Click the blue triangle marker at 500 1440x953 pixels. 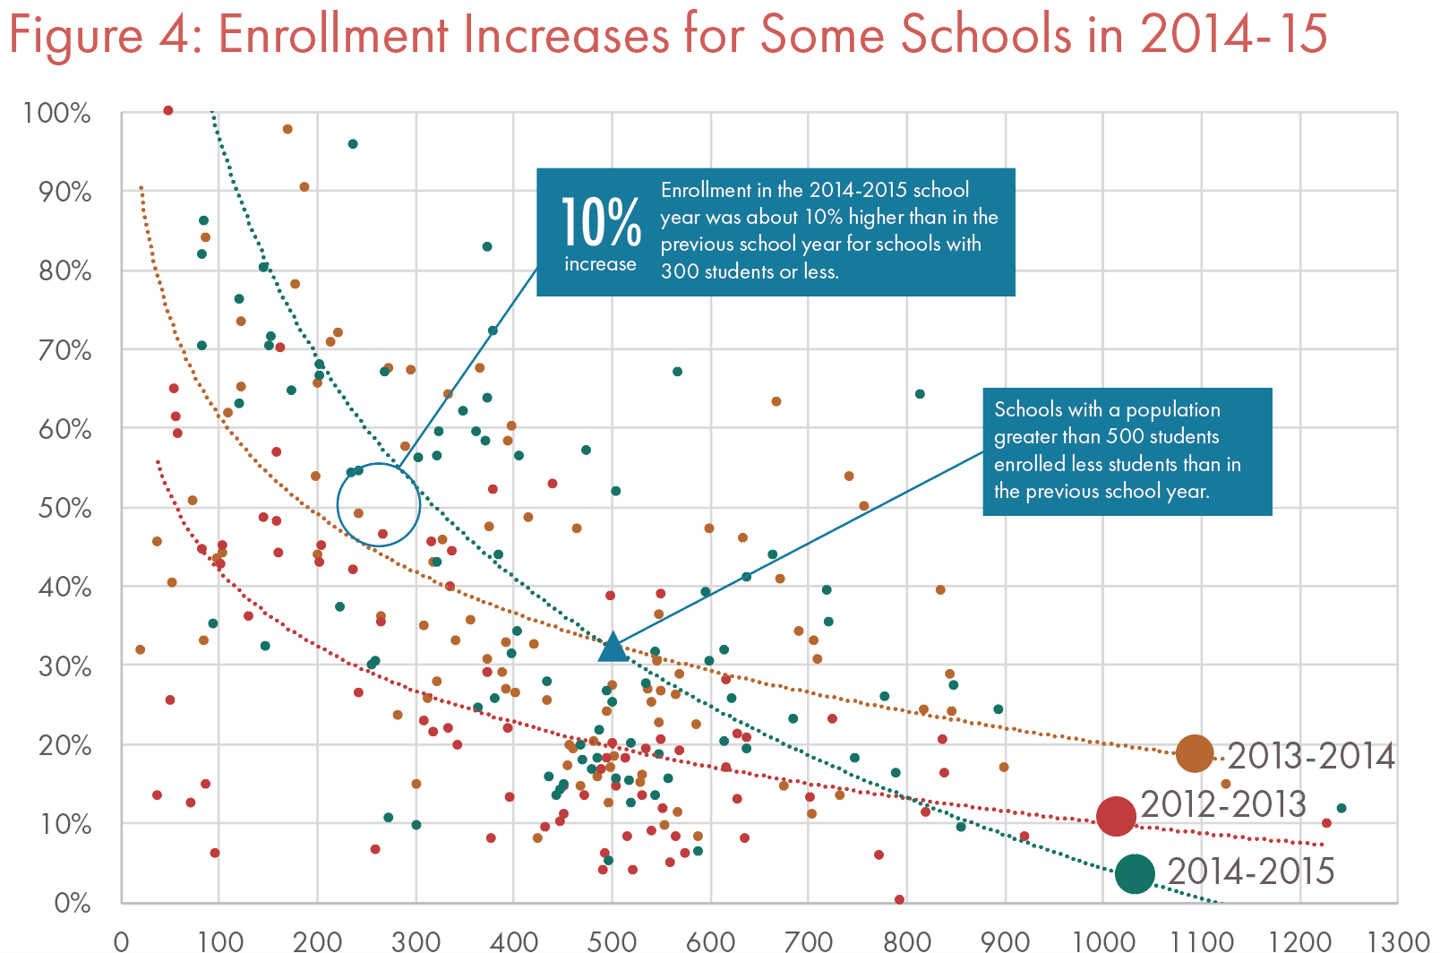[613, 647]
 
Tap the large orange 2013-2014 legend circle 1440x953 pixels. [1194, 753]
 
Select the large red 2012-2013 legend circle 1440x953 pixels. [1116, 815]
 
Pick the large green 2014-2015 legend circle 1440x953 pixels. [1136, 873]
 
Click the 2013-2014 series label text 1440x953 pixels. [1310, 757]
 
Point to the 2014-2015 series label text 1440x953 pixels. [1251, 871]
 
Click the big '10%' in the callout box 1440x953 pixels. [600, 224]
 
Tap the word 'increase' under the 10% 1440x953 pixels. [600, 264]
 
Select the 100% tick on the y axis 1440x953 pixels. [57, 114]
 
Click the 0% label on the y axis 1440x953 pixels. [72, 902]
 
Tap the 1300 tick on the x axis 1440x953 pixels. [1398, 941]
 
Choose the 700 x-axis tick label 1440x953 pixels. [809, 941]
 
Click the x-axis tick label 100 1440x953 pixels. [219, 941]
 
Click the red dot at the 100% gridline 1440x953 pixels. [167, 111]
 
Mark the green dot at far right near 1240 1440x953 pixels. [1341, 808]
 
